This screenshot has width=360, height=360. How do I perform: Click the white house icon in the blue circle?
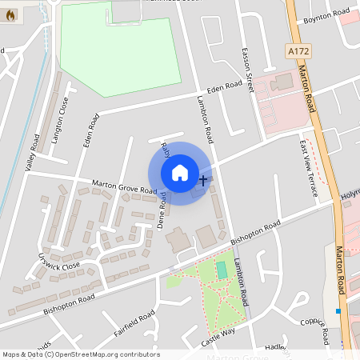pyautogui.click(x=180, y=173)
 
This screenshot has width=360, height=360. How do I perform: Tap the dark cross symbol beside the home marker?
pyautogui.click(x=202, y=180)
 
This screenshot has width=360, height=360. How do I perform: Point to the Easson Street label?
pyautogui.click(x=247, y=68)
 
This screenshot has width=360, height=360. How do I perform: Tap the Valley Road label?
pyautogui.click(x=33, y=153)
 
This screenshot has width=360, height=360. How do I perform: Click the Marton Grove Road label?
pyautogui.click(x=124, y=186)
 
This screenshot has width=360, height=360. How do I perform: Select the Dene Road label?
pyautogui.click(x=162, y=210)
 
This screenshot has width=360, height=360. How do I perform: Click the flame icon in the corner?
pyautogui.click(x=10, y=15)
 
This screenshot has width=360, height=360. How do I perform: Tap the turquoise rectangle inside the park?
pyautogui.click(x=222, y=270)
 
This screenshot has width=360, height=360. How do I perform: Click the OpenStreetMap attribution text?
pyautogui.click(x=80, y=354)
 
